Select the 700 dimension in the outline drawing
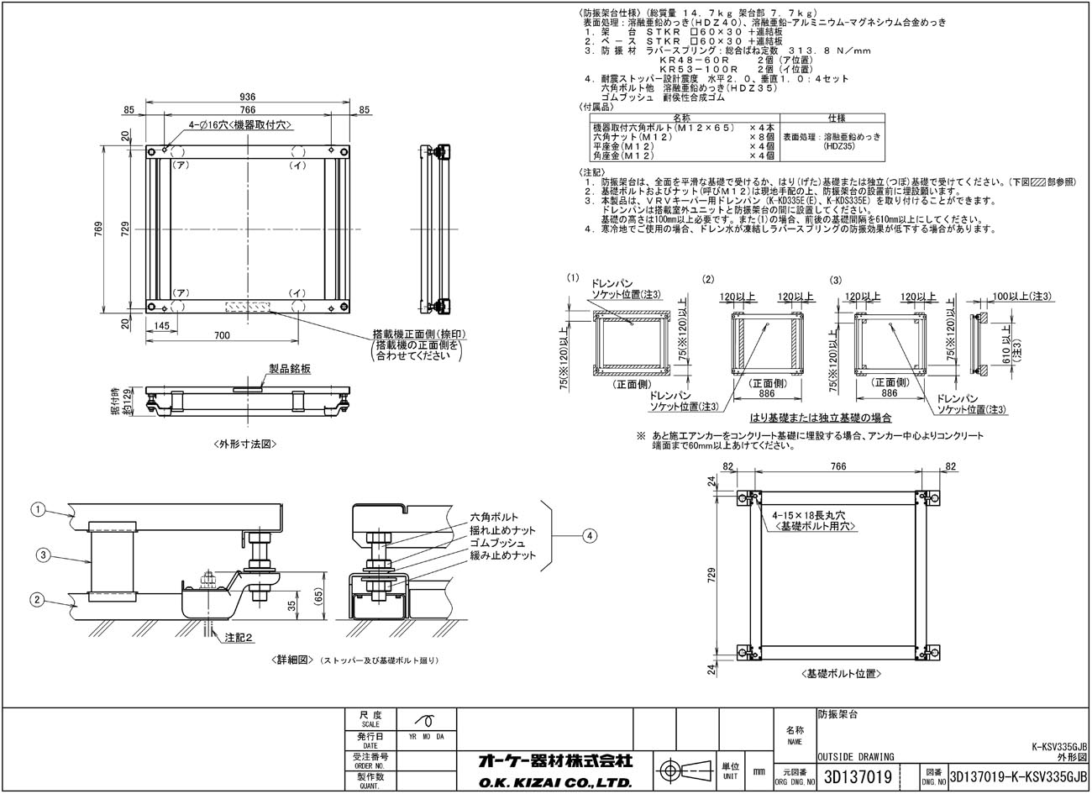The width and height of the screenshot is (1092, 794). click(222, 336)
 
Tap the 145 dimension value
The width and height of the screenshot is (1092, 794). click(162, 325)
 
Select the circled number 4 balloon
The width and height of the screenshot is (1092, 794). click(591, 534)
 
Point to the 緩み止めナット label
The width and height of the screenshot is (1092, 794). click(501, 555)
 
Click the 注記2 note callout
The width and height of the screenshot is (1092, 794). click(239, 639)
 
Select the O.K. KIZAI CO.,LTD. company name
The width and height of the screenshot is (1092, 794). click(555, 783)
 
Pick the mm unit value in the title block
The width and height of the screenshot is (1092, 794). click(759, 770)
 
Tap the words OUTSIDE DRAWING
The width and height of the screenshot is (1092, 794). click(855, 756)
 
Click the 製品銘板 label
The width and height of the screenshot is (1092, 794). click(290, 368)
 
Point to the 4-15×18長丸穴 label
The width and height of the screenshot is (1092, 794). click(806, 514)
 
